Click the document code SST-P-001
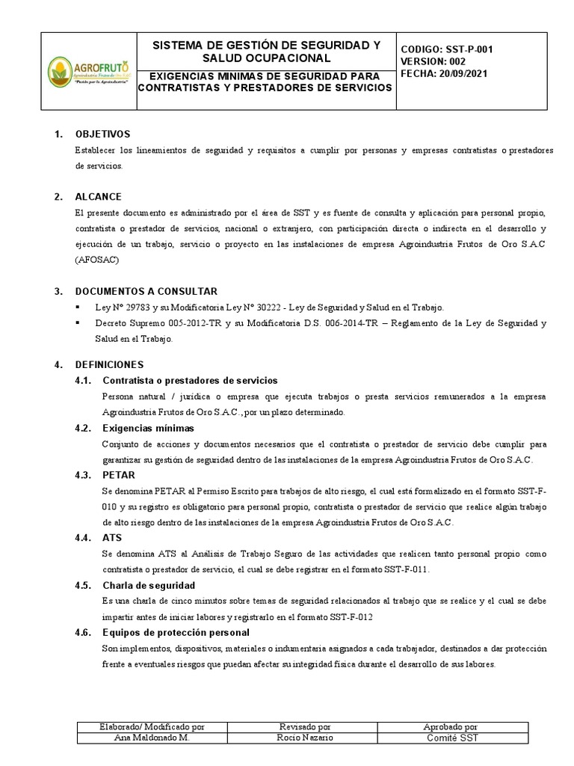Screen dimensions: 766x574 point(469,49)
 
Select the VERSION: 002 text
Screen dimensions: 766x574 point(433,62)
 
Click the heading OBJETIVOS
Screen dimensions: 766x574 point(102,134)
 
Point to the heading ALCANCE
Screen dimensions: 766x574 point(98,197)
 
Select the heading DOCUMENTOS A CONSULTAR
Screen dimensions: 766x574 point(146,291)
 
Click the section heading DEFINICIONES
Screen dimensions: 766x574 point(109,364)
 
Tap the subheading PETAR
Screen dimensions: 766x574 point(118,475)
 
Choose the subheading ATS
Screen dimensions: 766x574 point(111,538)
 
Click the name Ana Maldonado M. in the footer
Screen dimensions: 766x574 point(152,738)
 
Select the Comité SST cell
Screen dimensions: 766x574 point(452,738)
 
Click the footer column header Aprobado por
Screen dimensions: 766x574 point(452,726)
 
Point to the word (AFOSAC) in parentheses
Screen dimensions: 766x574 point(96,260)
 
